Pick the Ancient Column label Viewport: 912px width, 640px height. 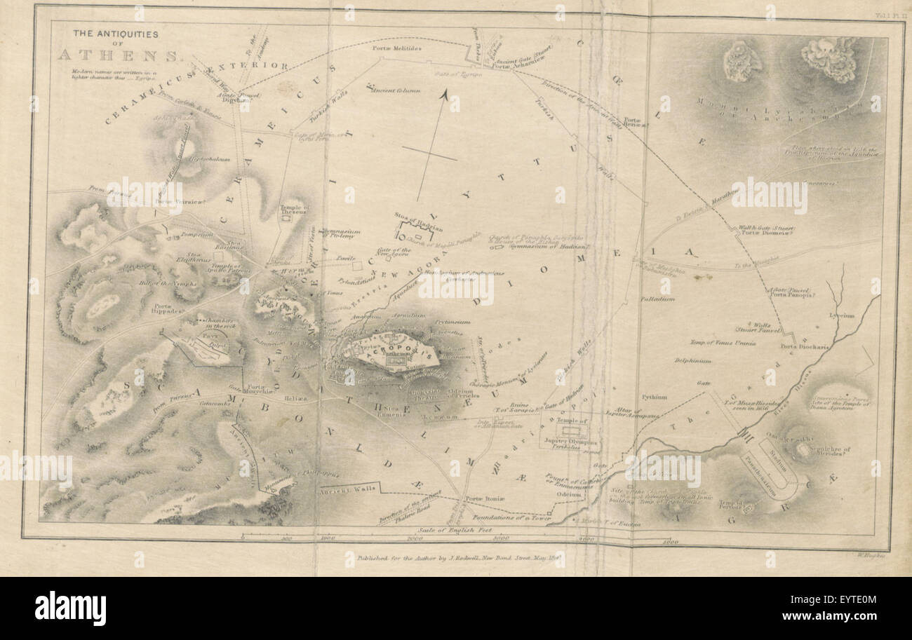pyautogui.click(x=396, y=90)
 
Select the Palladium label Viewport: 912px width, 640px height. pyautogui.click(x=657, y=299)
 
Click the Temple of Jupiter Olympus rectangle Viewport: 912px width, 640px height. pyautogui.click(x=570, y=429)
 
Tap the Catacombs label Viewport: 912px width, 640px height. pyautogui.click(x=215, y=404)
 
